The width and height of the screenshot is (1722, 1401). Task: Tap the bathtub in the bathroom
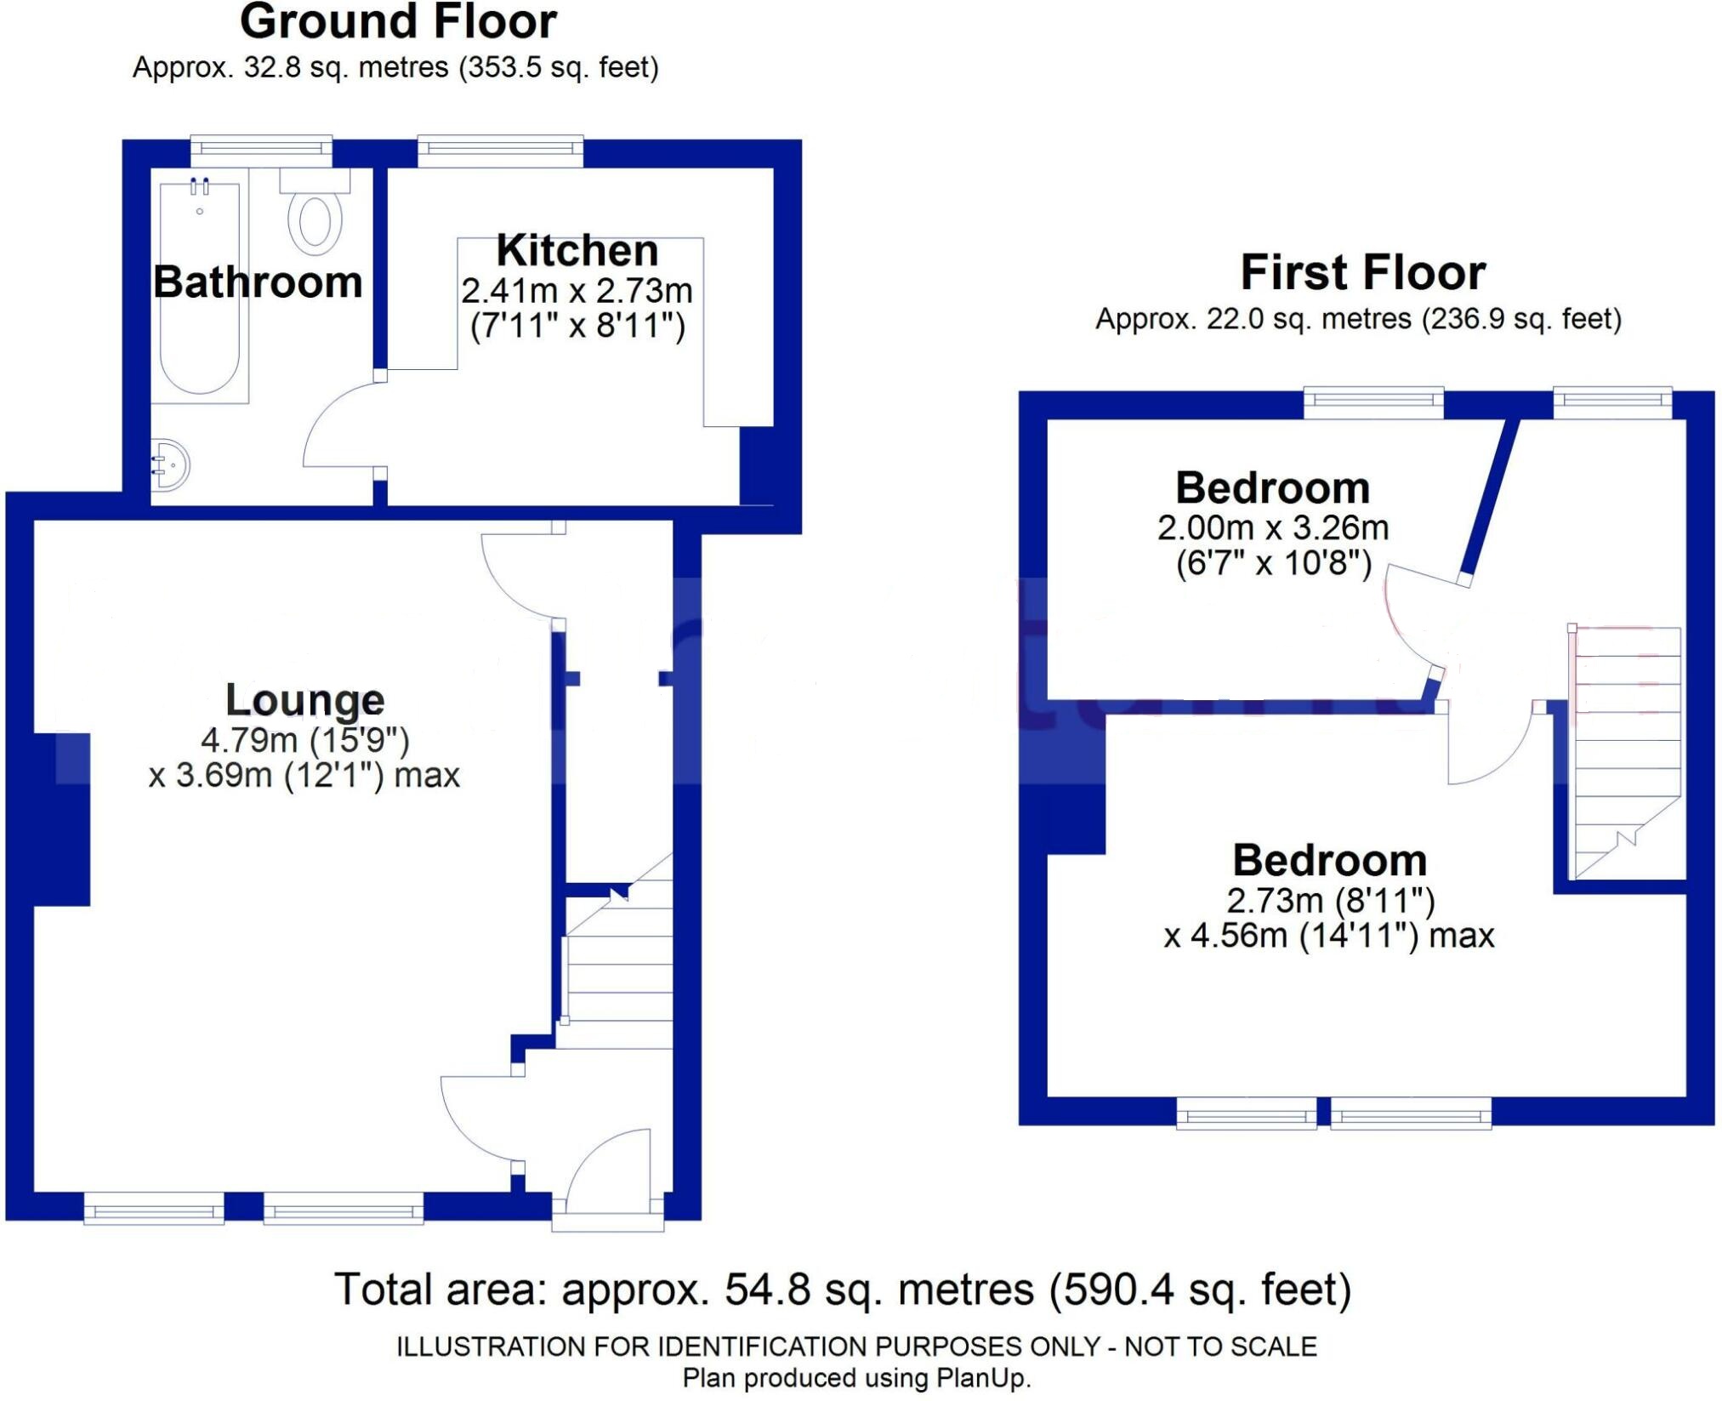(x=201, y=289)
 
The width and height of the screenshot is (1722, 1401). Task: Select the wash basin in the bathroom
(x=169, y=465)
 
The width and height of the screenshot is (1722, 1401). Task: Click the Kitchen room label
(x=577, y=251)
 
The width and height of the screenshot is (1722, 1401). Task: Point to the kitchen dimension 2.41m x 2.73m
(x=577, y=291)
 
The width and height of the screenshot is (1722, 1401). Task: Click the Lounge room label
(x=304, y=700)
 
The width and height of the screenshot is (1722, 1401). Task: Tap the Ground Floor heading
(x=398, y=22)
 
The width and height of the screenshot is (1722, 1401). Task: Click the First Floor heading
(x=1362, y=272)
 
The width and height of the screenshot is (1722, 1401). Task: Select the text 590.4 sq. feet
(x=1200, y=1290)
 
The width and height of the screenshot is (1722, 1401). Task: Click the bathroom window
(x=261, y=151)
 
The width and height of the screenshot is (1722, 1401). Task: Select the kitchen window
(x=500, y=151)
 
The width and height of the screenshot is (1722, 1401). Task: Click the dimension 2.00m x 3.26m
(x=1272, y=528)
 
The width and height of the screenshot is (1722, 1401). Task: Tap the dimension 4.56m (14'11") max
(x=1328, y=936)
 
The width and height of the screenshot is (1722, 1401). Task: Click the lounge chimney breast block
(x=61, y=818)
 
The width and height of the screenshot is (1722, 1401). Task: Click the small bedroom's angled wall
(x=1490, y=498)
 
